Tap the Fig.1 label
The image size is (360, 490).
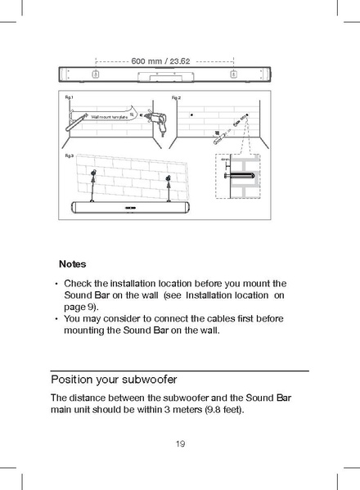click(70, 97)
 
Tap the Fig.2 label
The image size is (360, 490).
click(176, 97)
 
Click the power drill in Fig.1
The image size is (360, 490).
click(153, 119)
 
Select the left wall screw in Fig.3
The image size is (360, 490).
click(94, 174)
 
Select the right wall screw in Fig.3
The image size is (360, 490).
click(167, 178)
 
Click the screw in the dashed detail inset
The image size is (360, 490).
click(242, 174)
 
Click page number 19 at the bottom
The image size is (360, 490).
click(179, 444)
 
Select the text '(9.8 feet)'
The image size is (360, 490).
click(224, 409)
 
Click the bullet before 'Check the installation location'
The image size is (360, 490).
click(56, 284)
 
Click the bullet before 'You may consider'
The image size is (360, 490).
click(56, 318)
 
